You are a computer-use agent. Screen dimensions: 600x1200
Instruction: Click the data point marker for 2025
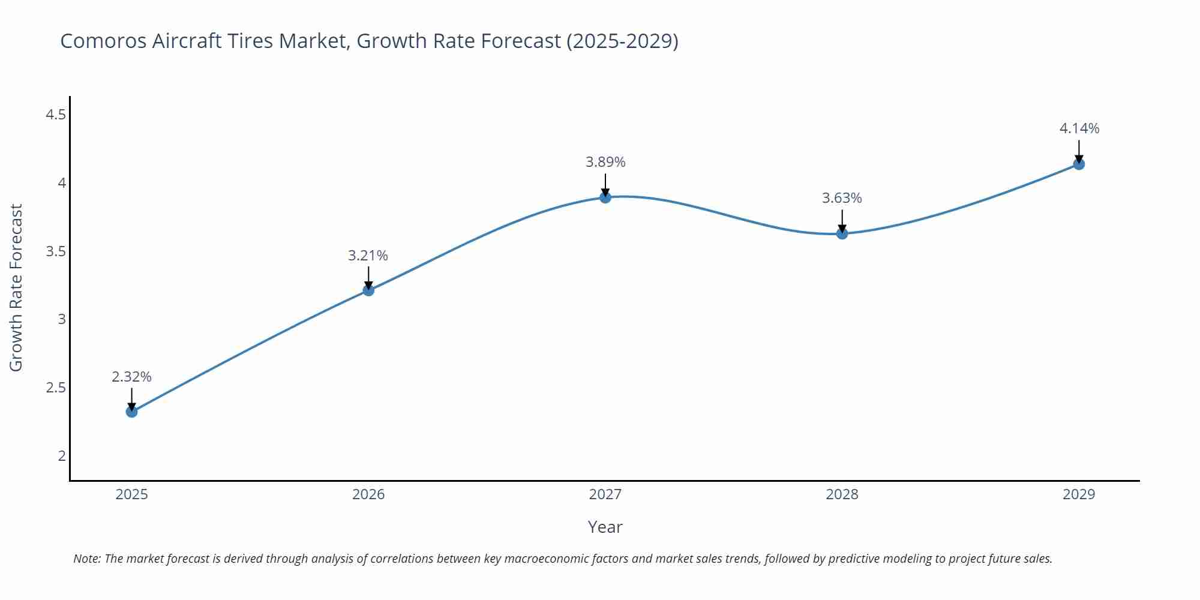click(x=132, y=412)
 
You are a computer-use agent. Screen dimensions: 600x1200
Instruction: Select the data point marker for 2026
click(x=368, y=290)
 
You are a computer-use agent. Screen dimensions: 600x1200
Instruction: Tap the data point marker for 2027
click(x=605, y=197)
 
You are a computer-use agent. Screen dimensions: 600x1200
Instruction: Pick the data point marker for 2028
click(x=842, y=233)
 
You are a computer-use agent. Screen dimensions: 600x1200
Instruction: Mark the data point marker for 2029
click(x=1079, y=164)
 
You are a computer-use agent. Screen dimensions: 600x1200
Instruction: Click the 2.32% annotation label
click(x=131, y=377)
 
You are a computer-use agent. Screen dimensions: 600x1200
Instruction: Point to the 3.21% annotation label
click(x=368, y=256)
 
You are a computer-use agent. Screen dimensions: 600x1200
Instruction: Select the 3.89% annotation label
click(x=605, y=162)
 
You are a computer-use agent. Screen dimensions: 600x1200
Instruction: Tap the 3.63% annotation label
click(x=842, y=198)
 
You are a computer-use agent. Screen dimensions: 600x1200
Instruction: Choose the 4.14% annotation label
click(x=1079, y=128)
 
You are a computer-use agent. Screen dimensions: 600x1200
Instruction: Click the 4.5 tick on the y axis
click(x=56, y=114)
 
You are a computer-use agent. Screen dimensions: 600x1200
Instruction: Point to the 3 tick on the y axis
click(x=62, y=319)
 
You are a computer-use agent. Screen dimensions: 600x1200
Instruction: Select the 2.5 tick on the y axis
click(x=56, y=388)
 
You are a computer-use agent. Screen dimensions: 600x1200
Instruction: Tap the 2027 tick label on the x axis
click(x=605, y=494)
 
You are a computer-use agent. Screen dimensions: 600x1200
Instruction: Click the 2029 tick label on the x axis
click(x=1079, y=494)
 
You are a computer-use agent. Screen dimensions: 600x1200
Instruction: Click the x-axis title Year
click(x=605, y=527)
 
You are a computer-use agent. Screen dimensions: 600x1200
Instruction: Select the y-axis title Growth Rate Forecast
click(x=16, y=288)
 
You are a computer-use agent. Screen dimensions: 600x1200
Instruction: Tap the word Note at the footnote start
click(x=86, y=559)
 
